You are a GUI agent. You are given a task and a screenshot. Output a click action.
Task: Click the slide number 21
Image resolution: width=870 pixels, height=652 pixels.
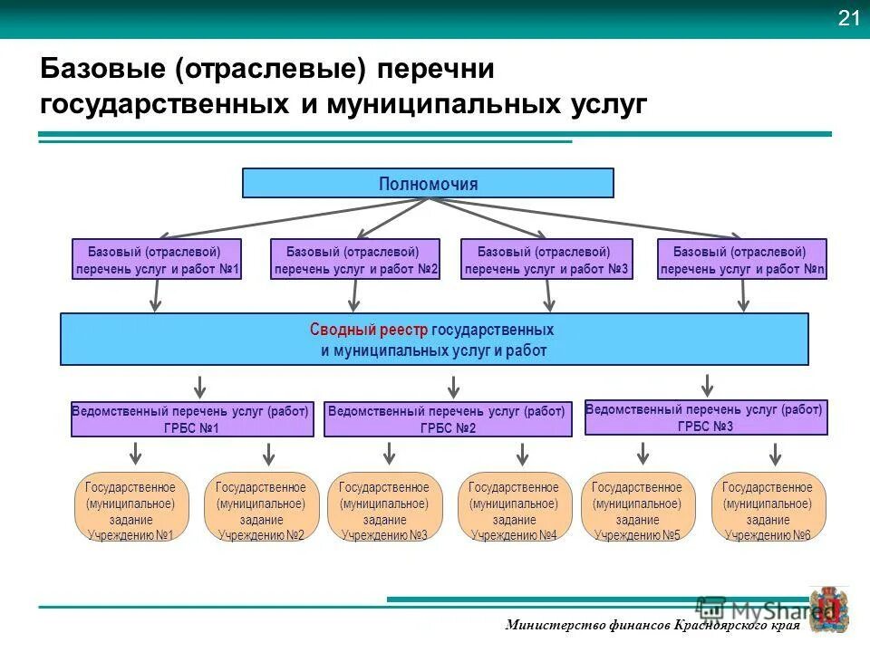tap(848, 19)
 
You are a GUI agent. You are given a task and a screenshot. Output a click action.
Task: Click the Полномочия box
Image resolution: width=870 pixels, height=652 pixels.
tap(428, 183)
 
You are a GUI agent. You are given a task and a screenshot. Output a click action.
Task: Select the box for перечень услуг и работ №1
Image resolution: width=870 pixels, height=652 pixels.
tap(157, 259)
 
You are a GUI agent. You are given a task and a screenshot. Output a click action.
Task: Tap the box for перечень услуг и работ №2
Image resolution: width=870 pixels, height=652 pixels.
tap(355, 259)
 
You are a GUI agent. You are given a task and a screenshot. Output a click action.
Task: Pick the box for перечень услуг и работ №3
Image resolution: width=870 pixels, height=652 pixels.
tap(546, 259)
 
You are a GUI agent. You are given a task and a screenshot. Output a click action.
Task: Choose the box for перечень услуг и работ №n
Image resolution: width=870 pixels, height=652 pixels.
tap(742, 259)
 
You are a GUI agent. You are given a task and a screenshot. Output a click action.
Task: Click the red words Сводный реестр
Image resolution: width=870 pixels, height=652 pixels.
tap(369, 331)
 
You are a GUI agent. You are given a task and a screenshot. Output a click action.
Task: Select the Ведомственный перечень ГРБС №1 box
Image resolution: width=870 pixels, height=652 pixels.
tap(192, 419)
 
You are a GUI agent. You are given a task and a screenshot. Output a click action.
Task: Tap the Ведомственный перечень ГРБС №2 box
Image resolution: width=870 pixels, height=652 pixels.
tap(448, 419)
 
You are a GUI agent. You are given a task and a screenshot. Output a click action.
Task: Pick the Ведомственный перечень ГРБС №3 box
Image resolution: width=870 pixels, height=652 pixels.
tap(704, 417)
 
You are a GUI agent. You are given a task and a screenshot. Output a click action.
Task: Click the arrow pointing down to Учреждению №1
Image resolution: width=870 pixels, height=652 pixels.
tap(135, 453)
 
